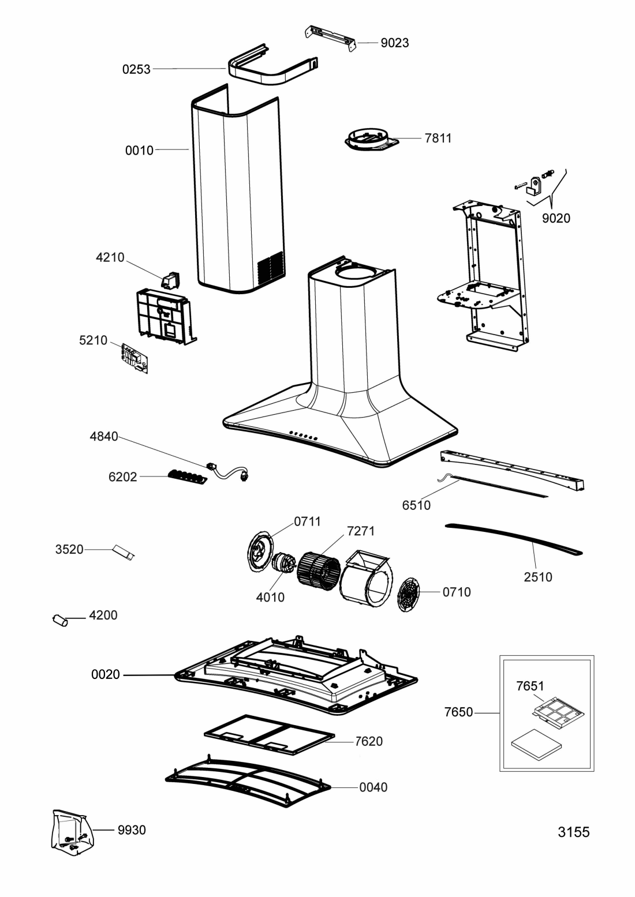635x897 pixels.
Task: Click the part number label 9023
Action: click(395, 43)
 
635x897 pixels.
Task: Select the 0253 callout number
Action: click(136, 69)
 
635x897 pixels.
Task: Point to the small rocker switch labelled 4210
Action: click(170, 280)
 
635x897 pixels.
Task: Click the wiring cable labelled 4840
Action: click(227, 473)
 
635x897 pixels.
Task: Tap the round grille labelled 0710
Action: click(409, 594)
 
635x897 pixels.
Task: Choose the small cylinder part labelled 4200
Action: click(60, 621)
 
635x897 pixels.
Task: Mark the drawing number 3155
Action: click(574, 832)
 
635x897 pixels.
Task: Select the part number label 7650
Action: click(459, 712)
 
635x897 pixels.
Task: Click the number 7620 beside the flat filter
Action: click(368, 741)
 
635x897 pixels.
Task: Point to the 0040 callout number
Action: click(373, 787)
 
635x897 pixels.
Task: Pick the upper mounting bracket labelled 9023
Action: click(331, 39)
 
